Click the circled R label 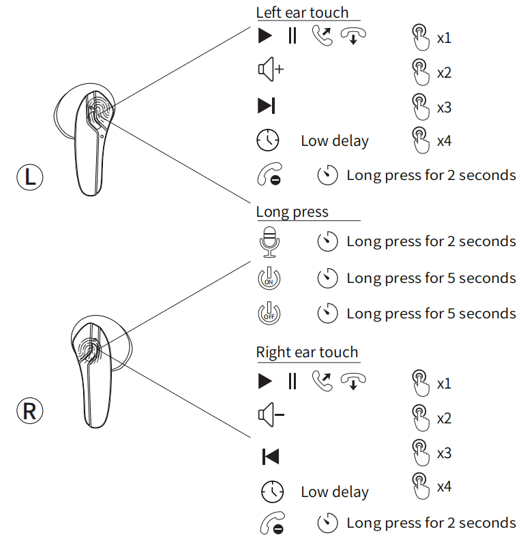(29, 411)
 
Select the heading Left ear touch (302, 12)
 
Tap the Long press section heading (292, 211)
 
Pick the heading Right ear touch (307, 352)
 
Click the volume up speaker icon (270, 70)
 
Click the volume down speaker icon (270, 415)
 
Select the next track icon (267, 106)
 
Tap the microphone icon (270, 242)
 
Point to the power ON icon (269, 278)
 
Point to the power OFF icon (269, 314)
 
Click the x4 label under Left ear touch (444, 142)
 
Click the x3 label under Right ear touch (444, 453)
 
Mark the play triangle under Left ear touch (265, 36)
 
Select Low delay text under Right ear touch (334, 492)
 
